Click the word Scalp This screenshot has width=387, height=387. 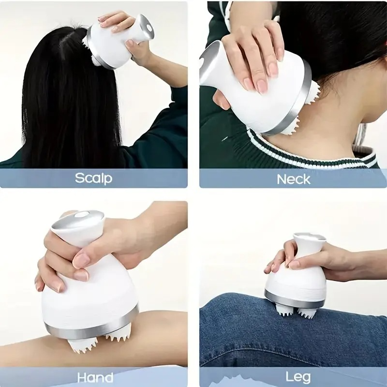(x=93, y=178)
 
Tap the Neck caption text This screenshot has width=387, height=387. (x=293, y=179)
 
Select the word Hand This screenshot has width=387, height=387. (x=95, y=377)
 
